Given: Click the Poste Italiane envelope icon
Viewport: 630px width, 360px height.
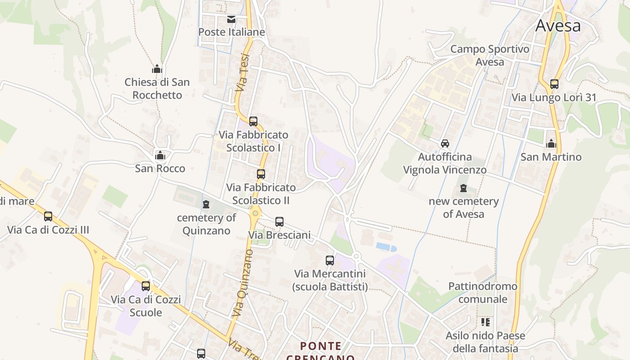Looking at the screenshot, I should click(231, 19).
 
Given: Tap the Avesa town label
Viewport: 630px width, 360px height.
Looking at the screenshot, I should click(558, 26).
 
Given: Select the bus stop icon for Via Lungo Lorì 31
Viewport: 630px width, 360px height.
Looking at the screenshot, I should click(554, 84).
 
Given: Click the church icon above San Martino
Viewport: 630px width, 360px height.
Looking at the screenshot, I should click(551, 144).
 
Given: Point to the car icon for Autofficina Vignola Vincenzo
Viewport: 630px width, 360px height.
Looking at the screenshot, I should click(445, 144).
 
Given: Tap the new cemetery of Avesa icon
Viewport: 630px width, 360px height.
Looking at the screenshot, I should click(463, 188).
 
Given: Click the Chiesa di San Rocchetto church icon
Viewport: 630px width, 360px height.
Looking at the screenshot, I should click(157, 69).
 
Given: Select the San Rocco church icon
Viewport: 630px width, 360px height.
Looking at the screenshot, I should click(160, 156).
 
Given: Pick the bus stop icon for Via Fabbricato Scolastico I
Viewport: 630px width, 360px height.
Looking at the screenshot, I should click(253, 121).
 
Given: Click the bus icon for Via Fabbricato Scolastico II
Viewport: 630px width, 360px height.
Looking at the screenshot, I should click(261, 174).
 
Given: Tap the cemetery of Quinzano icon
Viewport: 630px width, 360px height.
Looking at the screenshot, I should click(206, 205).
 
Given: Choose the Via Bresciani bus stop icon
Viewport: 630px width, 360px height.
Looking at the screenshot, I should click(279, 222).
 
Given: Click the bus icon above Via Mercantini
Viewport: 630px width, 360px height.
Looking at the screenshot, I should click(330, 261).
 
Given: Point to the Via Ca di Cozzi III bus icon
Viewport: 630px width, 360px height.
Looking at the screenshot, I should click(48, 217).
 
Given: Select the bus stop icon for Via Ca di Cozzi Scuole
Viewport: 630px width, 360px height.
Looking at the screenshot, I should click(146, 286).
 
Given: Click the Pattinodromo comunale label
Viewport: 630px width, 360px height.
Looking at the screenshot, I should click(483, 292).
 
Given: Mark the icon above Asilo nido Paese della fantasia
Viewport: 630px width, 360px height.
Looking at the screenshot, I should click(485, 322).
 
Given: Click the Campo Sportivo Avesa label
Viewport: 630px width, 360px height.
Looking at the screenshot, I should click(490, 55).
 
